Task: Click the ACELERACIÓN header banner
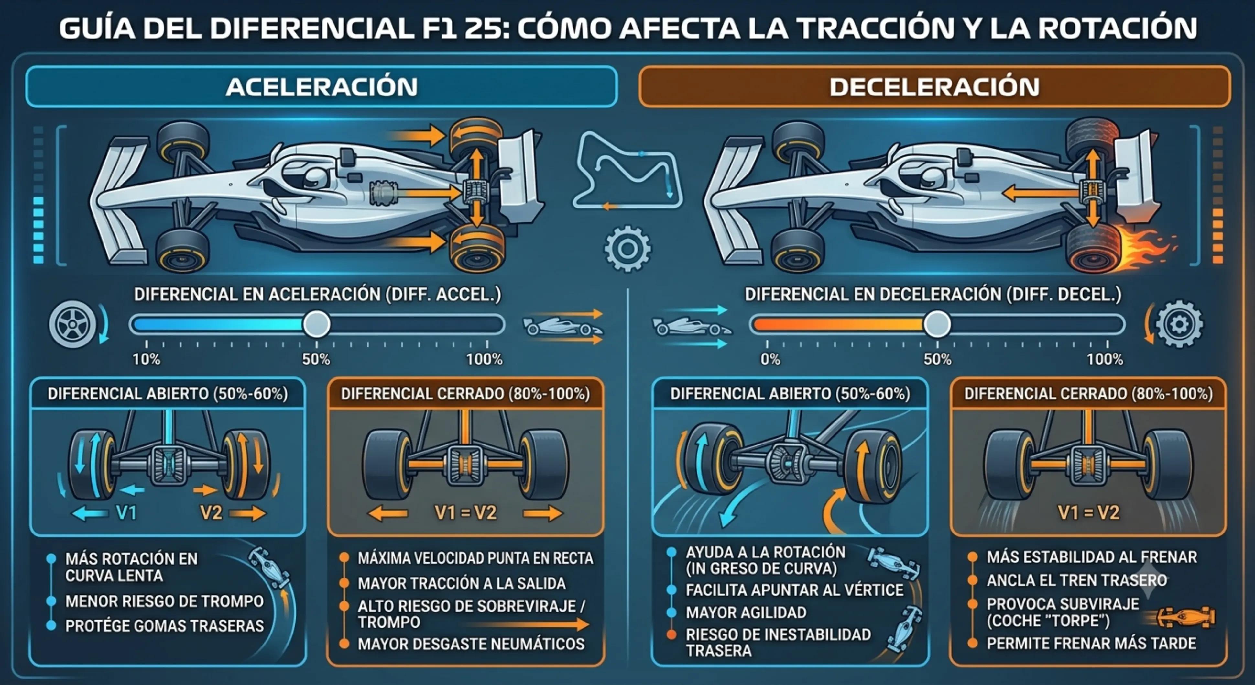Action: tap(322, 87)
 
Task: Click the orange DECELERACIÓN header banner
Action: tap(934, 87)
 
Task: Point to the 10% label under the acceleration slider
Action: tap(146, 359)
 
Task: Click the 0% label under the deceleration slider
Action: tap(770, 359)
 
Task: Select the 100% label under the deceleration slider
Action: tap(1105, 359)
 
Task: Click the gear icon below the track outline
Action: tap(627, 249)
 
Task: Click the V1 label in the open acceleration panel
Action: tap(126, 513)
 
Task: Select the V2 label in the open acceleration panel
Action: tap(211, 513)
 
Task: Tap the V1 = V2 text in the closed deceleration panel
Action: tap(1088, 513)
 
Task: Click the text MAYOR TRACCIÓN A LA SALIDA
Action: tap(461, 583)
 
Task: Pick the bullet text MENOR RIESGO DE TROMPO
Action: tap(164, 601)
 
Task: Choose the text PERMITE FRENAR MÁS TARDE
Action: tap(1091, 644)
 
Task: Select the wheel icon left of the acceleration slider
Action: tap(73, 324)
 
